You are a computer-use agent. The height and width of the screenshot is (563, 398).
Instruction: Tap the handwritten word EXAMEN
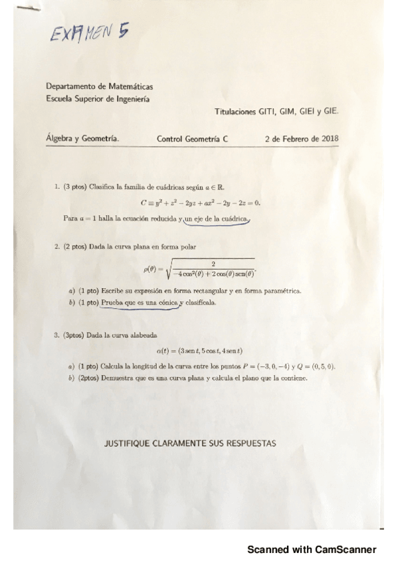tap(80, 33)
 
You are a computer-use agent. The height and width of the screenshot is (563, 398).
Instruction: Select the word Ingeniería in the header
tap(130, 99)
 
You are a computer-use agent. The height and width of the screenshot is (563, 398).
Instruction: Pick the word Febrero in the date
tap(294, 139)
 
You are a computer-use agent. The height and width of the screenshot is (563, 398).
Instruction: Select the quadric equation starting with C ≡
tap(200, 202)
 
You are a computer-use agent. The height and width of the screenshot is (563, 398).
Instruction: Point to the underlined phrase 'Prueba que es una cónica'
tap(140, 303)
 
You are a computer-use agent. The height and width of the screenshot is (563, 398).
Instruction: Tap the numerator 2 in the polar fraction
tap(213, 264)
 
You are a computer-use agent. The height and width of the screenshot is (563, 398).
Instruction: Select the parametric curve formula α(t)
tap(200, 351)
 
